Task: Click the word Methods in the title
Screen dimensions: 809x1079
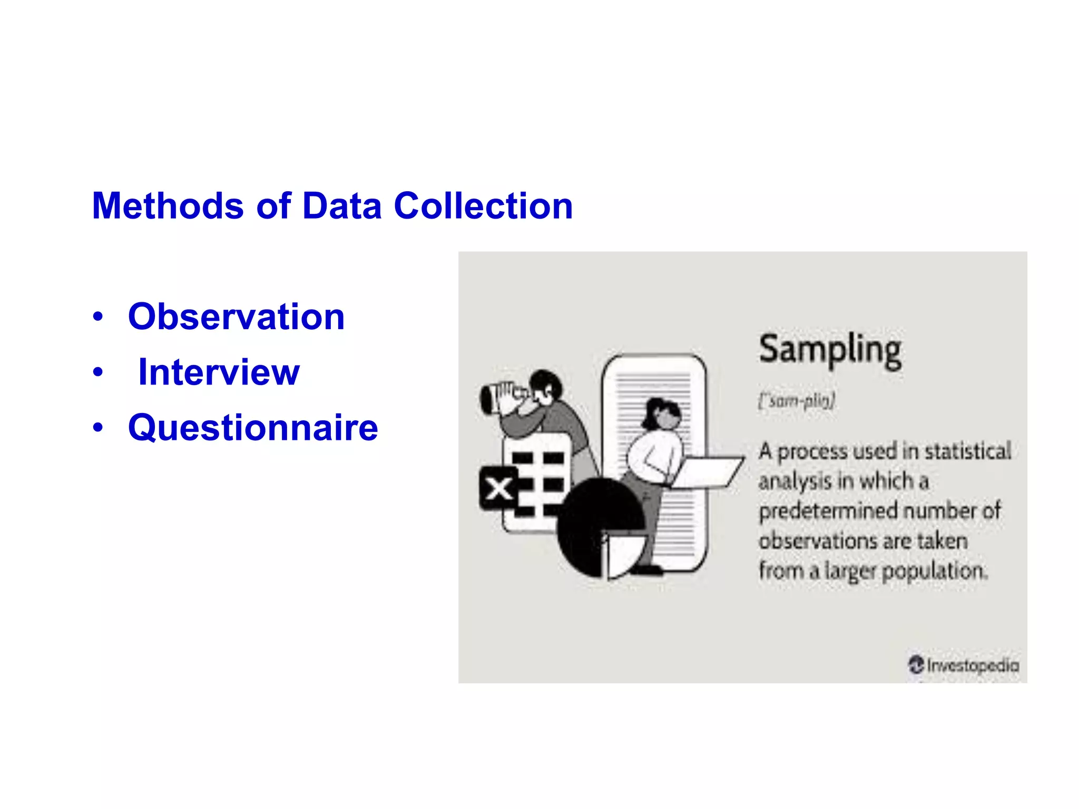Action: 168,206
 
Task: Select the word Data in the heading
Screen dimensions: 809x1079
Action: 341,206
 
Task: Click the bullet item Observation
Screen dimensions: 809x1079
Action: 236,317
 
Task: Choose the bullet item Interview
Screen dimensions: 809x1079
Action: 219,372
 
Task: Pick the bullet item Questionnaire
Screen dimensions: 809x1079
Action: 253,428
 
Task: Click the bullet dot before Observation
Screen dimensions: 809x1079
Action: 97,318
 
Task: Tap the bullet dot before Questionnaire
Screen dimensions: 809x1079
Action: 97,428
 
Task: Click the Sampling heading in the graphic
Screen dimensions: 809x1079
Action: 830,350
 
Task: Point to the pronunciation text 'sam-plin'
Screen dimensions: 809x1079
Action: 797,401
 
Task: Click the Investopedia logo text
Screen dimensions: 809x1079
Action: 972,665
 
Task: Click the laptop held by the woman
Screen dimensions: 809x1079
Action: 706,472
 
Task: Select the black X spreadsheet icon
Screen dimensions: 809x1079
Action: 498,488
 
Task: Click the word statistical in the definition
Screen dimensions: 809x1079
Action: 968,451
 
